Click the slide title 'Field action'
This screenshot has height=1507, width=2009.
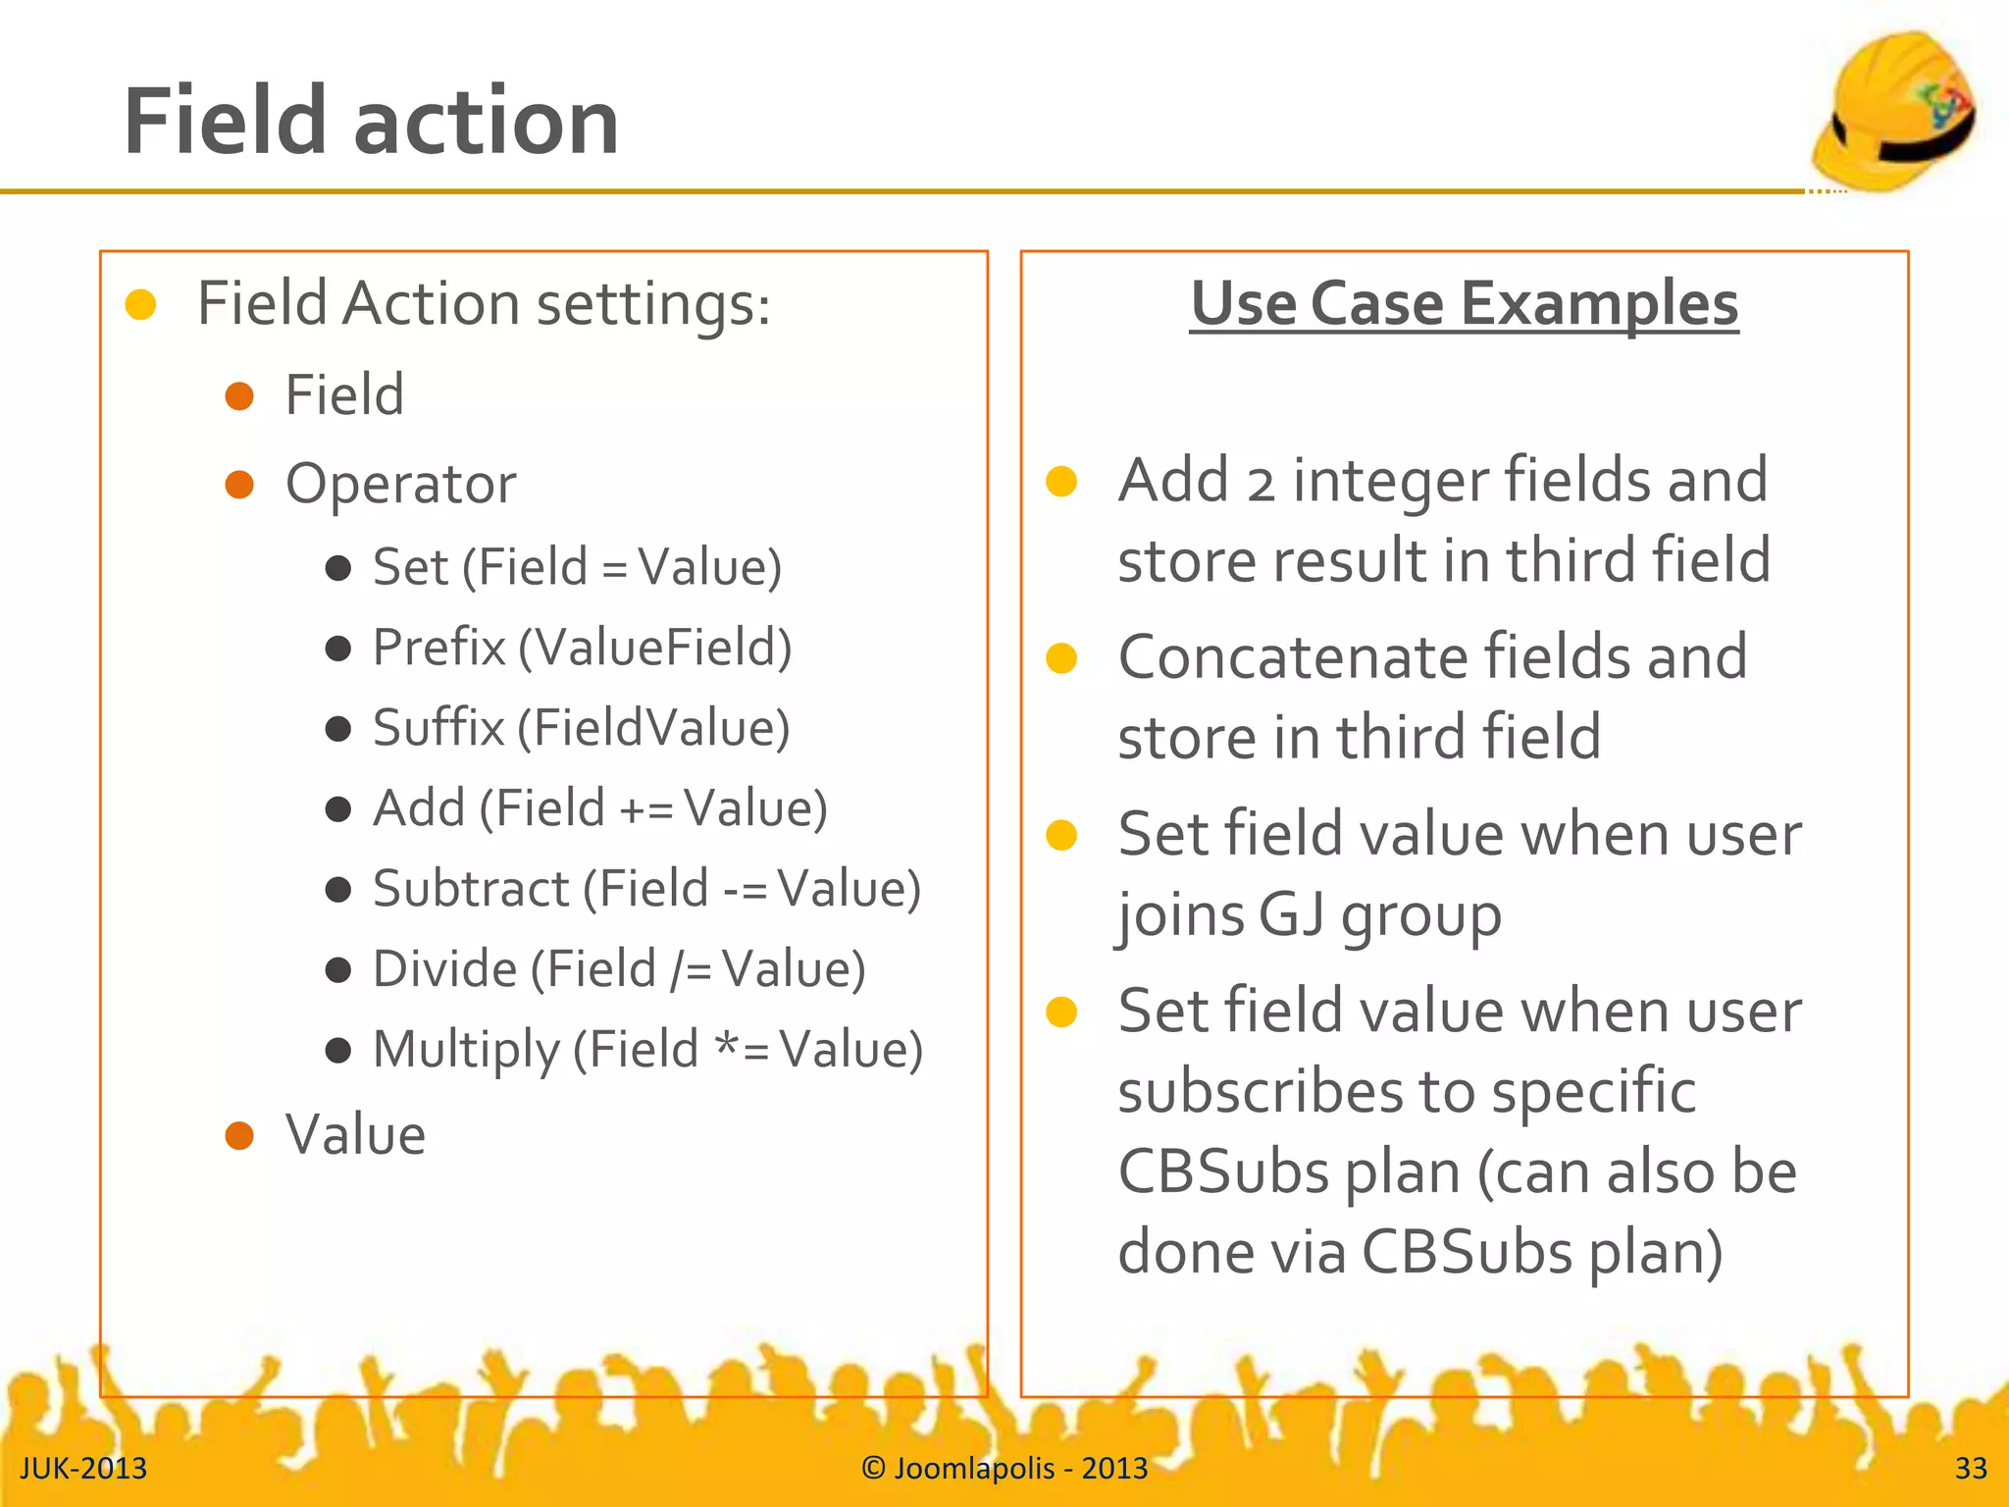pos(371,122)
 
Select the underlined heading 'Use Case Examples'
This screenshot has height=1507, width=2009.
pos(1464,304)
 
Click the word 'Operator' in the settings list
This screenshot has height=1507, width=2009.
pos(400,484)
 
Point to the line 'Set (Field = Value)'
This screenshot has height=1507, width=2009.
pos(577,567)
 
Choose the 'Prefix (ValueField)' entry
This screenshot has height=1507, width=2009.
pos(582,648)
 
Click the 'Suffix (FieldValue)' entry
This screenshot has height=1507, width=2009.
pos(581,728)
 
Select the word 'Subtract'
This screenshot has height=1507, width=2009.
pos(471,889)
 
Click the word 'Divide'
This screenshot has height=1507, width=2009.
pos(445,969)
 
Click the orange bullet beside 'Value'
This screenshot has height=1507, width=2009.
pos(239,1135)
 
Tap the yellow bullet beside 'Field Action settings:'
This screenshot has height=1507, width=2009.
pos(141,304)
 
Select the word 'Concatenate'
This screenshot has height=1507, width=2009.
pos(1293,656)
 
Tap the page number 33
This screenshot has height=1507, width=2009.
pos(1971,1468)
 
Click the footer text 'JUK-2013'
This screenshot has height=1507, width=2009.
pos(83,1468)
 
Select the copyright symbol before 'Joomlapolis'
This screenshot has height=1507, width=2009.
pos(873,1468)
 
